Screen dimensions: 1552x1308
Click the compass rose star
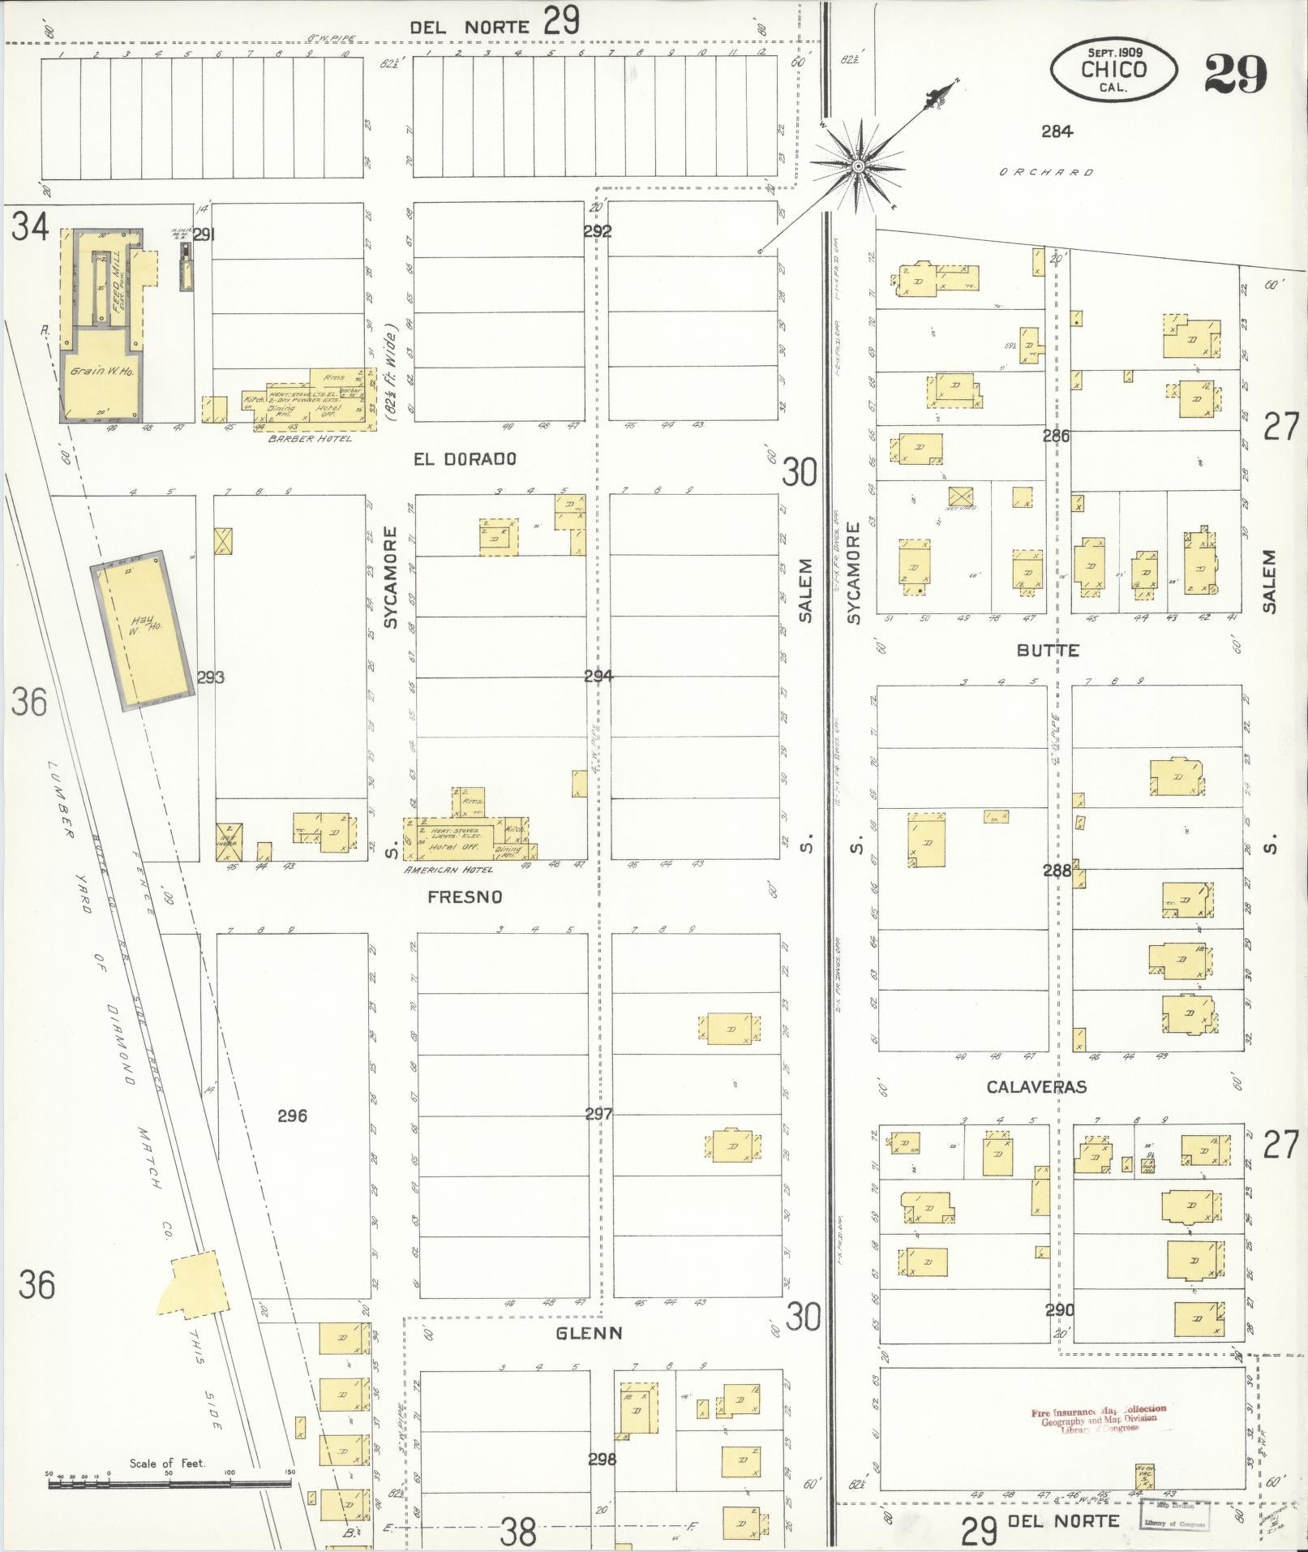[x=857, y=167]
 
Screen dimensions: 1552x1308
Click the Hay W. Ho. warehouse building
[x=143, y=630]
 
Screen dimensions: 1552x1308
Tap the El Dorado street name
[x=464, y=459]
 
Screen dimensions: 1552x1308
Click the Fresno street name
[x=465, y=896]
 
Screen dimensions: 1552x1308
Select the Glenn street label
[x=590, y=1333]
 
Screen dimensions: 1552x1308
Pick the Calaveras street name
[x=1036, y=1086]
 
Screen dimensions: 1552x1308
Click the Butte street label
[x=1048, y=650]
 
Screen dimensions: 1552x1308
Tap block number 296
[x=292, y=1116]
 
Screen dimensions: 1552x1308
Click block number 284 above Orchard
[x=1057, y=131]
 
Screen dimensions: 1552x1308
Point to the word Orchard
[x=1046, y=172]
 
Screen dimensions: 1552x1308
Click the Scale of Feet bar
[x=169, y=1483]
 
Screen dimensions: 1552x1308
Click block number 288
[x=1057, y=871]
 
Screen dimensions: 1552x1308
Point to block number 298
[x=602, y=1459]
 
